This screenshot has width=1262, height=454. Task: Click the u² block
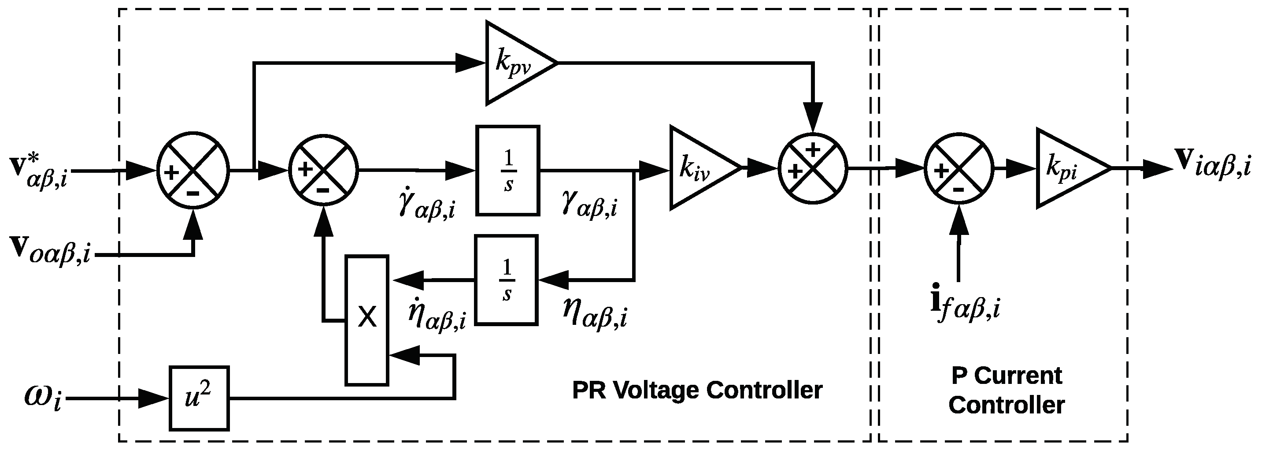click(x=199, y=398)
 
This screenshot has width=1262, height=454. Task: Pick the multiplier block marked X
click(x=367, y=320)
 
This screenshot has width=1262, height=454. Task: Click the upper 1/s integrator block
click(x=508, y=171)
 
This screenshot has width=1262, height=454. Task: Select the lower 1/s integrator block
click(x=507, y=280)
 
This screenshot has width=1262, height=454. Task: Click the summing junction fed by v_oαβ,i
click(x=193, y=171)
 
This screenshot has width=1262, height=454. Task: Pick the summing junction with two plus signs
click(x=813, y=169)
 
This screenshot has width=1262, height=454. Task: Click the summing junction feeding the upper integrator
click(x=323, y=170)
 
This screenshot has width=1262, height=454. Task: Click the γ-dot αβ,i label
click(x=426, y=206)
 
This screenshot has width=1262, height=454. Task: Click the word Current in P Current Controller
click(x=1018, y=376)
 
